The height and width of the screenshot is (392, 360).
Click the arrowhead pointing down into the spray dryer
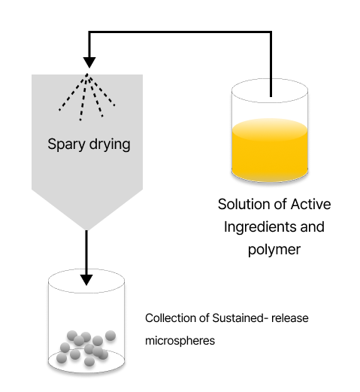(x=89, y=62)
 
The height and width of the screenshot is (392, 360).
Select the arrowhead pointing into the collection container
(x=86, y=279)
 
